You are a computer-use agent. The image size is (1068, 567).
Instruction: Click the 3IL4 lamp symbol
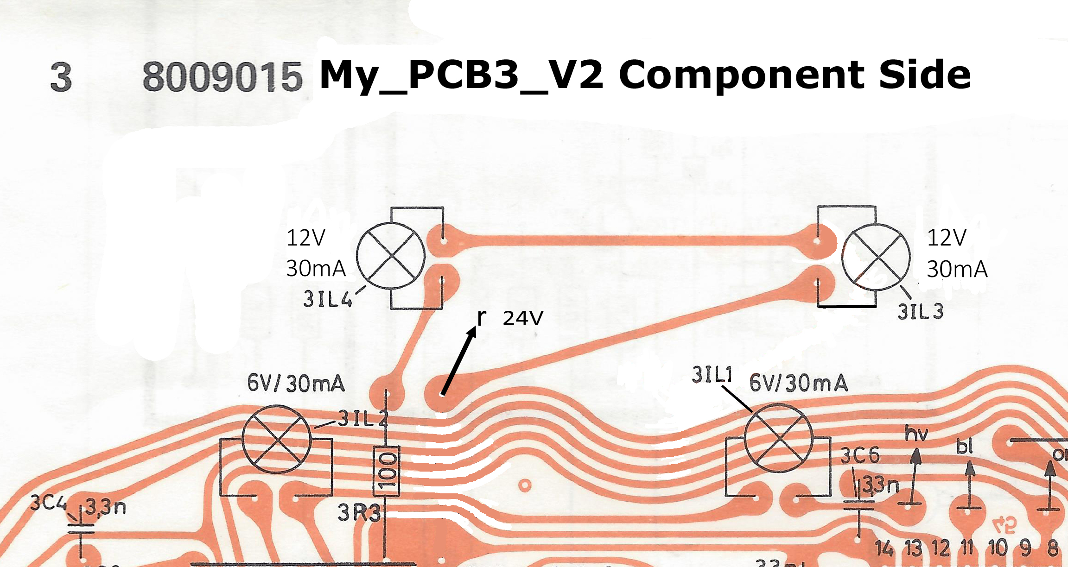tap(391, 256)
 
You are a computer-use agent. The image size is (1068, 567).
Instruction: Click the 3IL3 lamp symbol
tap(876, 257)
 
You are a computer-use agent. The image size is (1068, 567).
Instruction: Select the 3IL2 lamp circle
tap(277, 439)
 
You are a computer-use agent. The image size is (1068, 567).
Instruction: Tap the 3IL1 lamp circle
tap(779, 438)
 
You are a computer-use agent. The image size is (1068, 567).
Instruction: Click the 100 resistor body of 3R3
tap(386, 472)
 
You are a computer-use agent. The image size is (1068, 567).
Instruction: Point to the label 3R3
tap(359, 513)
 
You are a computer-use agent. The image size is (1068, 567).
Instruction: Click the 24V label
tap(522, 318)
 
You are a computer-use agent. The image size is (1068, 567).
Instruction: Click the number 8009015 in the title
tap(222, 76)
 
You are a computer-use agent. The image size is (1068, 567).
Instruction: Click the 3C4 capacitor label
tap(49, 503)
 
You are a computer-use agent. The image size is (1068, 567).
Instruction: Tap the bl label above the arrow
tap(965, 447)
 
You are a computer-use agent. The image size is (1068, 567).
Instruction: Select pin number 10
tap(998, 548)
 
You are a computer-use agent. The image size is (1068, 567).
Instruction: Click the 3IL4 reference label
tap(328, 299)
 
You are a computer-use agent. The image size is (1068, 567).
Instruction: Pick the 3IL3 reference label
tap(920, 312)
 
